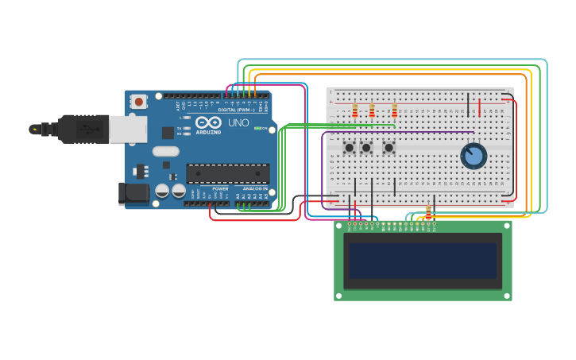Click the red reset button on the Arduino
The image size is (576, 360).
(140, 101)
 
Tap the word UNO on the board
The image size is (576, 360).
(239, 124)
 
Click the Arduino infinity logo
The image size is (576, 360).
(207, 123)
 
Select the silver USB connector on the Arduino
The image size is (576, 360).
(126, 128)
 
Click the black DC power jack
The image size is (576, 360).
(133, 193)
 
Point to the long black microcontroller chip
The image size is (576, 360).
(227, 172)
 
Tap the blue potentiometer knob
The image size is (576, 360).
(474, 156)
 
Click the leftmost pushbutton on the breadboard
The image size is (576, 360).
(349, 148)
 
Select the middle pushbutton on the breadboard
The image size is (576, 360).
(366, 148)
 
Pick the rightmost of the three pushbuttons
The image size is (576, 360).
(389, 148)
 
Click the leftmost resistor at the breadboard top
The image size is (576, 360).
(355, 110)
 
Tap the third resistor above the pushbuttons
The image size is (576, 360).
(394, 110)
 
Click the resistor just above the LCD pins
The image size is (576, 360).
(429, 211)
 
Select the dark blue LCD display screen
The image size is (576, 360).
(423, 261)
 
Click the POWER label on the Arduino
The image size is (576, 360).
(220, 188)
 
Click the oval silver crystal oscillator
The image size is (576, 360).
(166, 151)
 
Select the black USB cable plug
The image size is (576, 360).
(79, 128)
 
